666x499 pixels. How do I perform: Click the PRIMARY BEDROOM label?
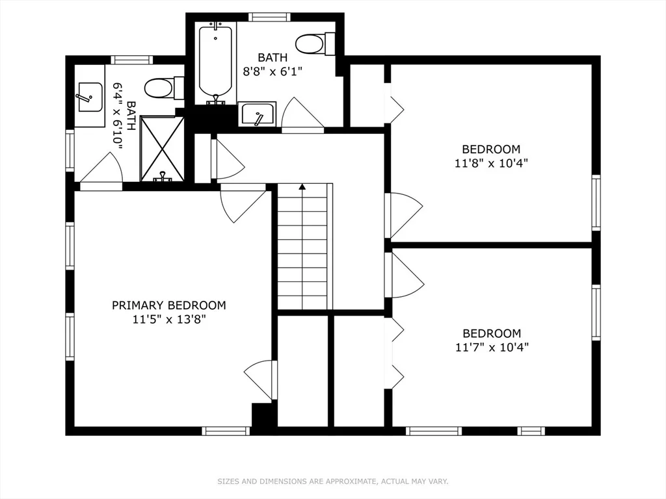click(x=169, y=305)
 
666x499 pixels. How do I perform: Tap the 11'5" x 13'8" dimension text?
click(x=169, y=319)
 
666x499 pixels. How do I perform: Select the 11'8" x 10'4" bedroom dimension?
click(x=491, y=163)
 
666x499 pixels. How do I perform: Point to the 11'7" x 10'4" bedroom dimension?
click(x=491, y=347)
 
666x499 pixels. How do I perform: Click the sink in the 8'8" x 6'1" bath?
click(x=258, y=115)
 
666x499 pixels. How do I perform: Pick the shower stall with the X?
click(x=163, y=148)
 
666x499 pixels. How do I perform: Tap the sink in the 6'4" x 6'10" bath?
click(x=89, y=97)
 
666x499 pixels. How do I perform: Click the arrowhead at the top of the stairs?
click(x=302, y=187)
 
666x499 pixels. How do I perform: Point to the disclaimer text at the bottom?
click(x=332, y=481)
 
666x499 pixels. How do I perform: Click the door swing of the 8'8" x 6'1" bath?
click(x=300, y=114)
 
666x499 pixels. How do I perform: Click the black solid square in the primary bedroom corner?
click(x=263, y=417)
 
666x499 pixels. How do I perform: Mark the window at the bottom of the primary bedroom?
click(x=226, y=431)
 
